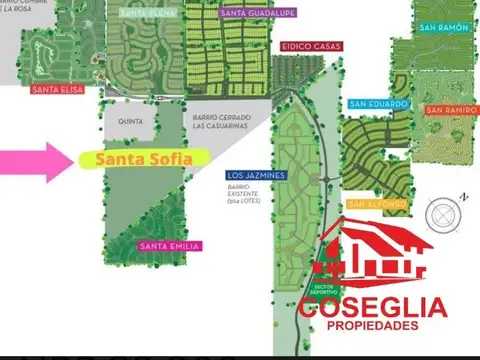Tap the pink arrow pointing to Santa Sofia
[35, 160]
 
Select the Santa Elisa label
[56, 89]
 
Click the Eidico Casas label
[311, 47]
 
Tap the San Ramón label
[444, 27]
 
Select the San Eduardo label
[379, 103]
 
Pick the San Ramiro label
[450, 109]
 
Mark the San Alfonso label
[376, 204]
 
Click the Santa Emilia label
[170, 246]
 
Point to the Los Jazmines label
[257, 175]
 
